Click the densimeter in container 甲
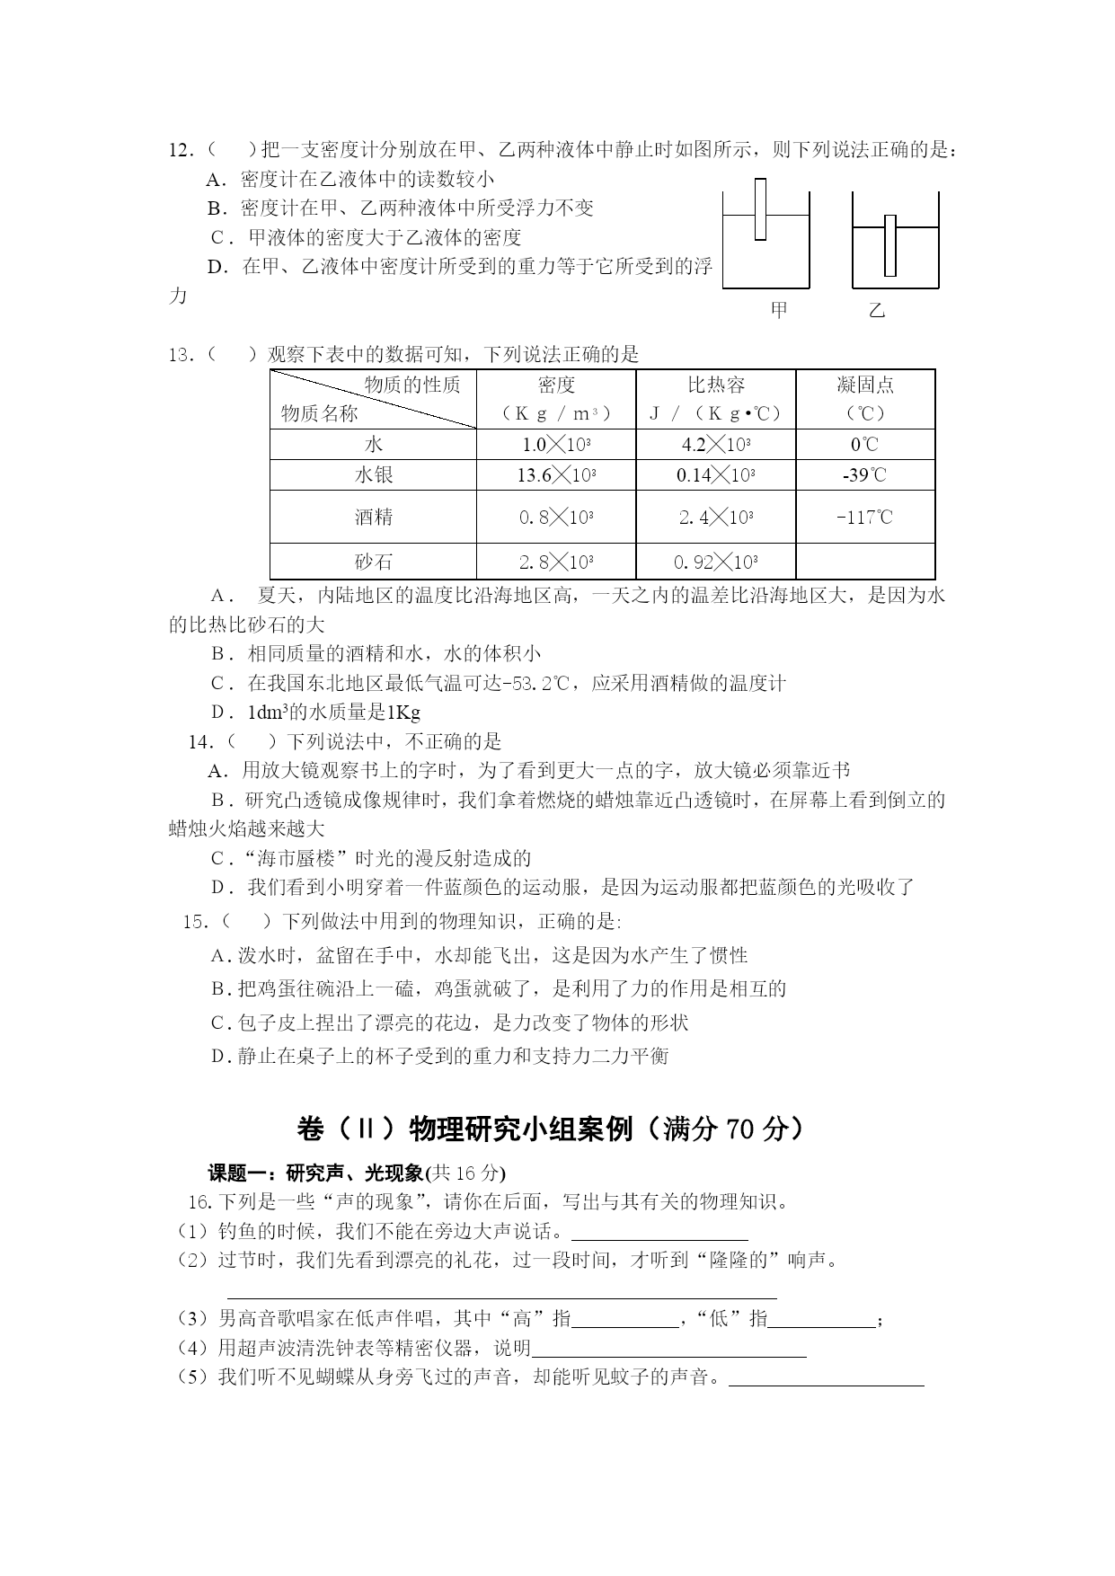point(760,209)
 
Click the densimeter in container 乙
point(889,245)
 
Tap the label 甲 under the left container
point(779,310)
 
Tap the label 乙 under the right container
point(877,311)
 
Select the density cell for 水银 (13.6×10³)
point(556,475)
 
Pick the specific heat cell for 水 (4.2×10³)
point(715,444)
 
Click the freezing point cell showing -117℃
point(864,518)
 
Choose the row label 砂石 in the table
point(373,562)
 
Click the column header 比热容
point(715,385)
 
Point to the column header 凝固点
point(864,385)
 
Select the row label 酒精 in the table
point(373,518)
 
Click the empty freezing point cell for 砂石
point(864,562)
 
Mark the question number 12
point(181,150)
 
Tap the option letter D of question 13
point(218,713)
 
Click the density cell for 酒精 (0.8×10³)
point(556,518)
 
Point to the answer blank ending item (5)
point(826,1378)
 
